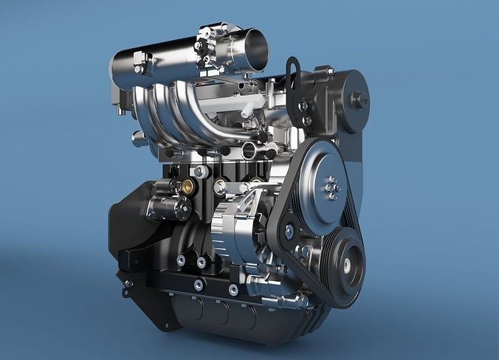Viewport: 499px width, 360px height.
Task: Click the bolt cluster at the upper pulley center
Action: (x=331, y=187)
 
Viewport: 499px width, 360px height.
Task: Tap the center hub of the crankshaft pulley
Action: (x=347, y=265)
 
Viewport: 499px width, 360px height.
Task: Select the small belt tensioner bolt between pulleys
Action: (x=289, y=232)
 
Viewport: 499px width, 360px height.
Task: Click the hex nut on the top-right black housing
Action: (x=359, y=99)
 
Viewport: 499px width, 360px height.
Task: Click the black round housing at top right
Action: (x=347, y=100)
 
